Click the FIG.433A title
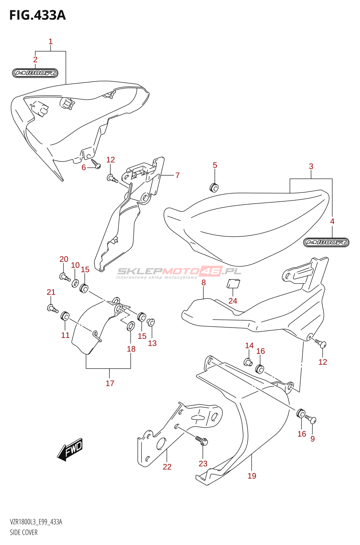tap(37, 15)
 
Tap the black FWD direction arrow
tap(70, 449)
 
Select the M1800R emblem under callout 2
tap(35, 73)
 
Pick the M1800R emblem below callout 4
tap(326, 242)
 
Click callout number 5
tap(215, 165)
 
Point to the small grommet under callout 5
tap(214, 187)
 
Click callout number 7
tap(177, 175)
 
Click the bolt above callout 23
tap(202, 441)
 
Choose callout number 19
tap(252, 476)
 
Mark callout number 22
tap(167, 467)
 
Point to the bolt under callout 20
tap(64, 277)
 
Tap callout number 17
tap(110, 383)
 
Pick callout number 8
tap(204, 282)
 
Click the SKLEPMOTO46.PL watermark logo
tap(179, 272)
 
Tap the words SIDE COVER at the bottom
tap(24, 532)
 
